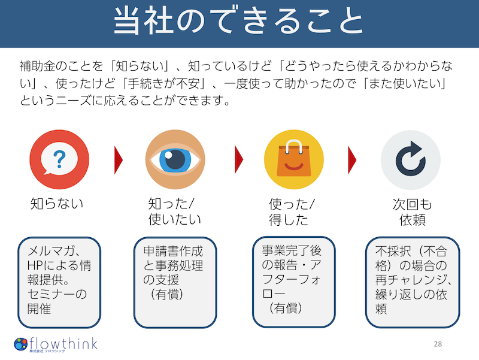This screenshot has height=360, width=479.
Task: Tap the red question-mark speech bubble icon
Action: [x=59, y=160]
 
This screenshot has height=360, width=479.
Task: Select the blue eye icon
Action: [x=175, y=160]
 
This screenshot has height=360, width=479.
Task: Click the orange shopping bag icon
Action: [x=294, y=160]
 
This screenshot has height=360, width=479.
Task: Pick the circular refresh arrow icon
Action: [x=411, y=160]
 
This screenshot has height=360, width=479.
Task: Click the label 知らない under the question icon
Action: [x=57, y=204]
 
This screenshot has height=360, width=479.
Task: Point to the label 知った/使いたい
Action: [x=175, y=212]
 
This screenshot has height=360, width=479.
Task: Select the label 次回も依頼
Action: [x=412, y=212]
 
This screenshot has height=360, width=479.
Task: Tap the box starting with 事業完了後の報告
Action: [x=290, y=282]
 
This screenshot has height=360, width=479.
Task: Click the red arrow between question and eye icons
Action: [x=118, y=160]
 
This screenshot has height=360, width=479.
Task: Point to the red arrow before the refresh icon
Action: [x=352, y=160]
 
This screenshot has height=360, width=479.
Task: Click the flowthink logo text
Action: [x=63, y=343]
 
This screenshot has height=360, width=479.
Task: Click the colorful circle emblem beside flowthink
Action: [x=21, y=344]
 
